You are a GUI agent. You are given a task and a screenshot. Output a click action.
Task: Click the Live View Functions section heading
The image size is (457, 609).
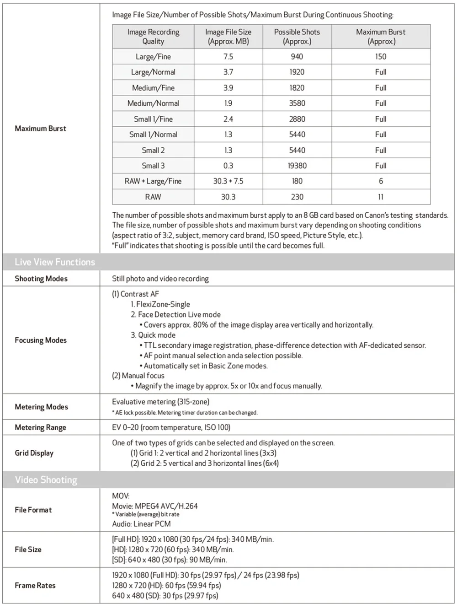tap(55, 262)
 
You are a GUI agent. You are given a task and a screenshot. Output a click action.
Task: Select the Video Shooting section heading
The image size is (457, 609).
tap(46, 480)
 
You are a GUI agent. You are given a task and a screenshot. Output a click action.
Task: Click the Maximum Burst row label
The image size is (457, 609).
tap(40, 129)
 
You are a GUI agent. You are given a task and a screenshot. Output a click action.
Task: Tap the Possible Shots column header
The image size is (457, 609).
tap(297, 37)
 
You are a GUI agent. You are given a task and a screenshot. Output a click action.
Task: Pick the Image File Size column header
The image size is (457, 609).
tap(228, 37)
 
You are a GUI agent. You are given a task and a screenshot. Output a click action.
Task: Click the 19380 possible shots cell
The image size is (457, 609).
tap(297, 166)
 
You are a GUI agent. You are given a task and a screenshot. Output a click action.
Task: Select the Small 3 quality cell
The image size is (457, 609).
tap(153, 166)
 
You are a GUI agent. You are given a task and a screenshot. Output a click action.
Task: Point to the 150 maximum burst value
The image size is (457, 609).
tap(381, 57)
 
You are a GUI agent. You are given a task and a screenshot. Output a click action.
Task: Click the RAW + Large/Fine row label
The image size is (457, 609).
tap(153, 181)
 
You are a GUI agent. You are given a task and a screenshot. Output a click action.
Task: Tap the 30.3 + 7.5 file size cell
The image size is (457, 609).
tap(228, 181)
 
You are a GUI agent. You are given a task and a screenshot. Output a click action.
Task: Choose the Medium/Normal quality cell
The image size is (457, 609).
tap(153, 103)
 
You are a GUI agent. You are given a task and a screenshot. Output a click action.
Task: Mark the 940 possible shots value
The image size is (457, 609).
tap(297, 57)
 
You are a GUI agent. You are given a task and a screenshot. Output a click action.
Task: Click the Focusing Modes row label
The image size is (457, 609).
tap(41, 340)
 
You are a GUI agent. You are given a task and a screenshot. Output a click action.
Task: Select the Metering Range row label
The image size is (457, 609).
tap(40, 427)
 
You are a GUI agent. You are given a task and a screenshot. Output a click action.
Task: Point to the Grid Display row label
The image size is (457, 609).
tap(34, 453)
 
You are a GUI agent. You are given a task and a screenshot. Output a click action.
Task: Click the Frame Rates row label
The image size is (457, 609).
tap(35, 585)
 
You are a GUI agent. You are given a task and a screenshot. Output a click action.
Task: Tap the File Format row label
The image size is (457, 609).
tap(33, 510)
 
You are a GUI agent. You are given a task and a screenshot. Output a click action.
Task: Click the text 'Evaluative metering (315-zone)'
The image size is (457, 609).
tap(161, 402)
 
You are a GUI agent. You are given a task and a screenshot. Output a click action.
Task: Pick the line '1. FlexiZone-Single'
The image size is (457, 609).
tap(160, 304)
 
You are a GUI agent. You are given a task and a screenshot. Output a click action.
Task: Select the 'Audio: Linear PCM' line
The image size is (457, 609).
tap(141, 524)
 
